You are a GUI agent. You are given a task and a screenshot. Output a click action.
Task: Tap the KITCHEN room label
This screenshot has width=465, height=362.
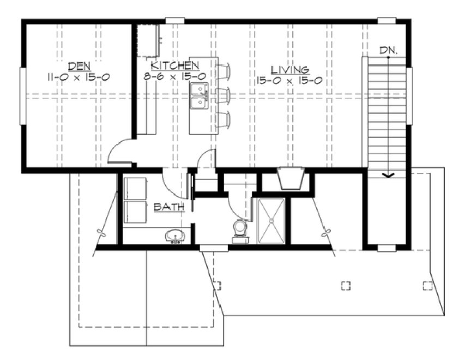pyautogui.click(x=171, y=64)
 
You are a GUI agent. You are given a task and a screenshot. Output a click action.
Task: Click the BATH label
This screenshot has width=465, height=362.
pyautogui.click(x=169, y=207)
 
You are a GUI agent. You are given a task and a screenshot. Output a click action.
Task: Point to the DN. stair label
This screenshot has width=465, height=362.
pyautogui.click(x=389, y=50)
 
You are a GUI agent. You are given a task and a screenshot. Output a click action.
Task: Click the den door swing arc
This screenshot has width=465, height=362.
pyautogui.click(x=118, y=150)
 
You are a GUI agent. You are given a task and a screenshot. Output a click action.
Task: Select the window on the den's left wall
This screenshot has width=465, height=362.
pyautogui.click(x=23, y=96)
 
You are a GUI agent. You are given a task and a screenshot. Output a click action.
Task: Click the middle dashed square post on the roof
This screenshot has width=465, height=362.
pyautogui.click(x=345, y=285)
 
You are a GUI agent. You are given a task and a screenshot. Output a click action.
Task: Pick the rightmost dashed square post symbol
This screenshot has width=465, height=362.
pyautogui.click(x=427, y=285)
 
